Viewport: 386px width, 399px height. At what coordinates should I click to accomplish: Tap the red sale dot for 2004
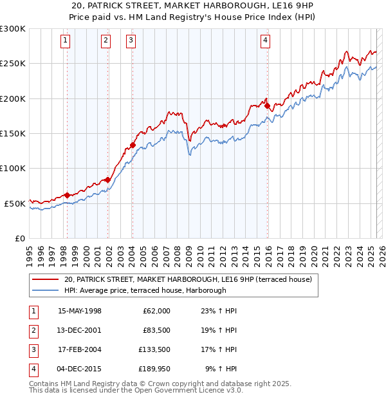coord(133,145)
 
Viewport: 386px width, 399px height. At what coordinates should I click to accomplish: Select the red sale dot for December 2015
coord(267,106)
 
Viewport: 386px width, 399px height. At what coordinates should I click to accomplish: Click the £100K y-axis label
coord(13,168)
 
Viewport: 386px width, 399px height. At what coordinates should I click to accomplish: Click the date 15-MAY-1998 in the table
coord(80,311)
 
